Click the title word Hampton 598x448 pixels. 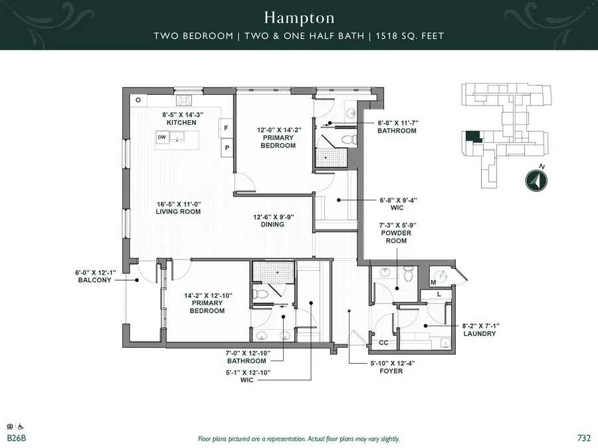tap(298, 17)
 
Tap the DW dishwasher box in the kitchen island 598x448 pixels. tap(161, 137)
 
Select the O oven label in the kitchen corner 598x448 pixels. tap(138, 100)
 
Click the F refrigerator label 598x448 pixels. tap(226, 127)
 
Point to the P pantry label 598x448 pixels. tap(226, 147)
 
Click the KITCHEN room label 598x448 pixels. tap(181, 123)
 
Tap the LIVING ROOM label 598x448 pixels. tap(178, 212)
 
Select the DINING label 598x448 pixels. tap(272, 224)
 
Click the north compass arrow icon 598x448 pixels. tap(536, 181)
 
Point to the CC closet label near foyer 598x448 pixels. tap(383, 342)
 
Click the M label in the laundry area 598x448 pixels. tap(434, 283)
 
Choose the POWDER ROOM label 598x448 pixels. tap(396, 238)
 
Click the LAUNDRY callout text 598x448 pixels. tap(480, 334)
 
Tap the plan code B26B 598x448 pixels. tap(17, 438)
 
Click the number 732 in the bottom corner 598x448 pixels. tap(584, 438)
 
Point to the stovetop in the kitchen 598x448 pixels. tap(183, 101)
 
